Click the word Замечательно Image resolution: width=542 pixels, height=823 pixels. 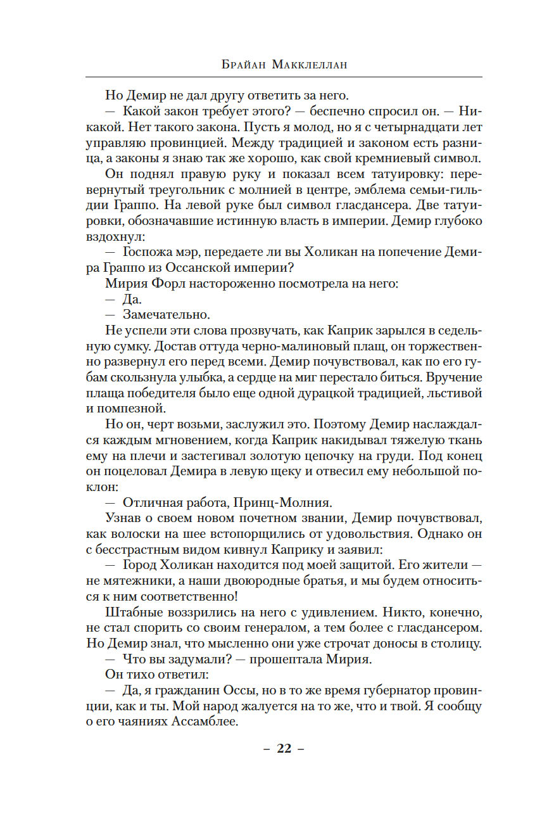[x=167, y=314]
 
